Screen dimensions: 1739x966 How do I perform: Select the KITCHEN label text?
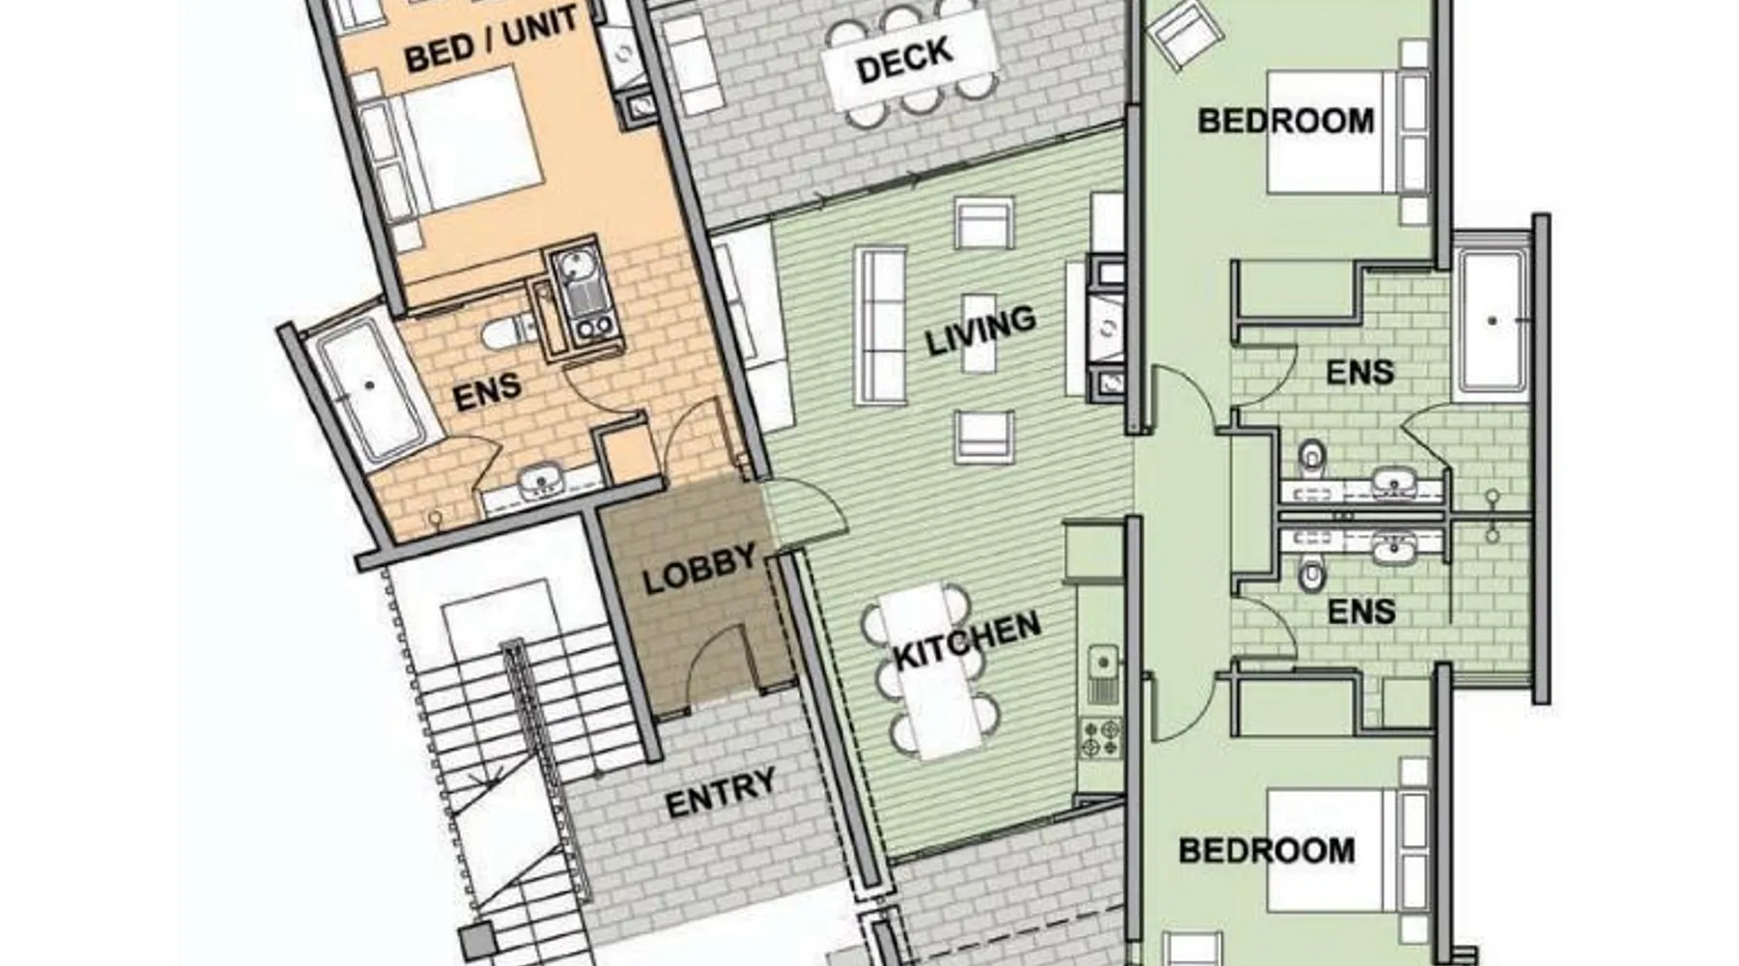tap(967, 639)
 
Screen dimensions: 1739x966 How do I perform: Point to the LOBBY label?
tap(699, 569)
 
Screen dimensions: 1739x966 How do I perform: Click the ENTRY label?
tap(721, 792)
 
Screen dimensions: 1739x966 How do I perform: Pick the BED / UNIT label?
tap(491, 40)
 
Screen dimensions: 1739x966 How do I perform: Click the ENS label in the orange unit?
tap(487, 392)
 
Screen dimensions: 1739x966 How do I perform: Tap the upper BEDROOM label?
tap(1286, 121)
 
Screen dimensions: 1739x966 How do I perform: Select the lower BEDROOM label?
tap(1267, 850)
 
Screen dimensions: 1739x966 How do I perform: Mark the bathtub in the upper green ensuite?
tap(1493, 321)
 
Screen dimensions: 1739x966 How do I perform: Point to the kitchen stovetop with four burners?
tap(1100, 736)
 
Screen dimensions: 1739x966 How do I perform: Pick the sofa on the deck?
tap(691, 63)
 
